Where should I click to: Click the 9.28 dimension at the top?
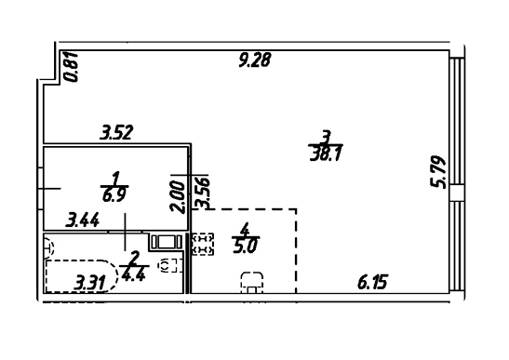click(x=255, y=60)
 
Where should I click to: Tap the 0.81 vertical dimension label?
click(x=71, y=66)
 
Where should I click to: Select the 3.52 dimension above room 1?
click(x=116, y=133)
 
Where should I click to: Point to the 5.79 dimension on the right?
click(x=438, y=172)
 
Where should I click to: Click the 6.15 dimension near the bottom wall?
click(x=372, y=282)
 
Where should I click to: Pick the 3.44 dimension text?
click(x=83, y=220)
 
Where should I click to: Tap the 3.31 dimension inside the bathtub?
click(x=90, y=283)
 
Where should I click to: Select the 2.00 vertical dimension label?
click(x=178, y=197)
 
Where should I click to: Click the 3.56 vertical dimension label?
click(x=203, y=192)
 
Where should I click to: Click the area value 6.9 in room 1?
click(x=114, y=195)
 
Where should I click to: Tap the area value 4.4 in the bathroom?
click(x=133, y=274)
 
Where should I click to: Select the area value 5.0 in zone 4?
click(x=246, y=247)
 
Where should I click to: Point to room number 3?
click(x=326, y=137)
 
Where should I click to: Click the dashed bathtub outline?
click(x=82, y=276)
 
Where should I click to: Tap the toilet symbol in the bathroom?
click(x=168, y=265)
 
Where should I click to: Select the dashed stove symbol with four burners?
click(x=203, y=244)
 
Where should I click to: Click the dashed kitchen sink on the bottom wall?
click(x=252, y=283)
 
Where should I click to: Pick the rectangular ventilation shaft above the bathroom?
click(x=167, y=242)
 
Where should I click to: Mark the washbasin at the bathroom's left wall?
click(x=48, y=248)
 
